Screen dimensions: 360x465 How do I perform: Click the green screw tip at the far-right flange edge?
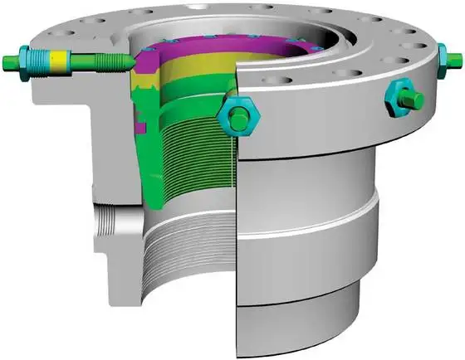click(458, 57)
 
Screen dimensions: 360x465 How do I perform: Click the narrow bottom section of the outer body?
click(299, 328)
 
